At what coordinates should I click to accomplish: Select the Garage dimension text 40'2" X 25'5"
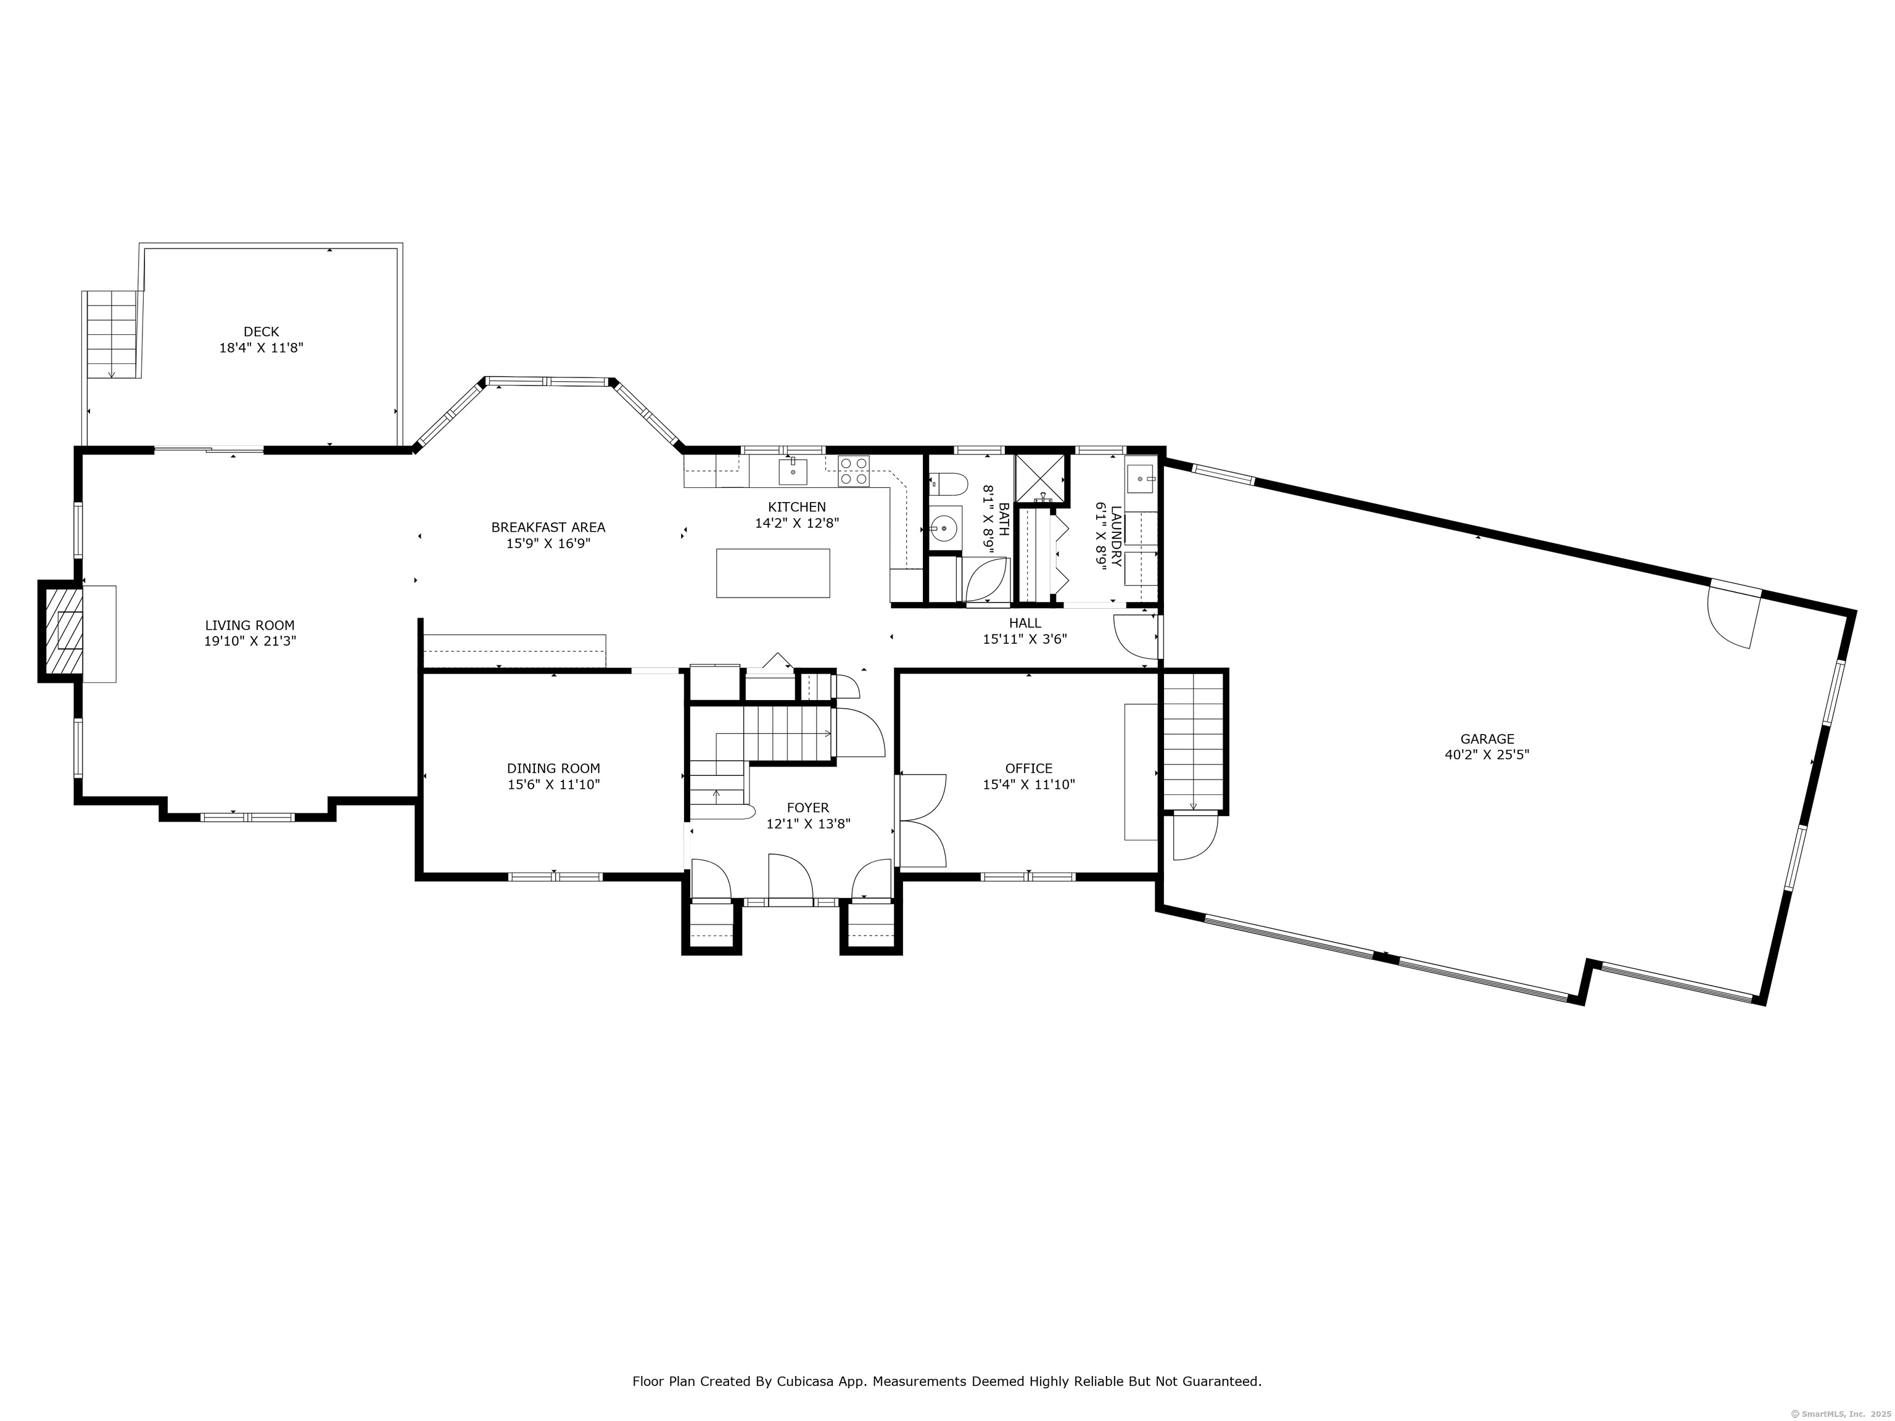coord(1487,755)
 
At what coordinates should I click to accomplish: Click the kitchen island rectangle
coord(773,573)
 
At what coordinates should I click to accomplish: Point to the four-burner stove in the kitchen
coord(853,471)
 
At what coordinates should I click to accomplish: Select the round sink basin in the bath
coord(944,529)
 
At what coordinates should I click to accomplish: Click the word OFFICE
coord(1029,768)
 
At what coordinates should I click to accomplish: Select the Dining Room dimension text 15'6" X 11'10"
coord(553,784)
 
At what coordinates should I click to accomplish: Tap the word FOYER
coord(808,808)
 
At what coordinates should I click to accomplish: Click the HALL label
coord(1025,623)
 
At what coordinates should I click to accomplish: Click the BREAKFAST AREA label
coord(548,527)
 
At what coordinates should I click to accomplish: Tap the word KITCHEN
coord(797,507)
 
